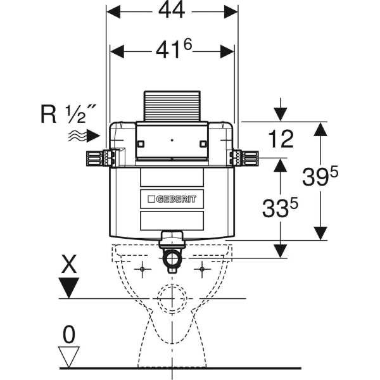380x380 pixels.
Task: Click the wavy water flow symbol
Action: click(76, 134)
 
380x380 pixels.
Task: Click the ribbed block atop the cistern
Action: click(172, 106)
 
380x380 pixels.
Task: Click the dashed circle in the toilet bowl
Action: click(172, 299)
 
